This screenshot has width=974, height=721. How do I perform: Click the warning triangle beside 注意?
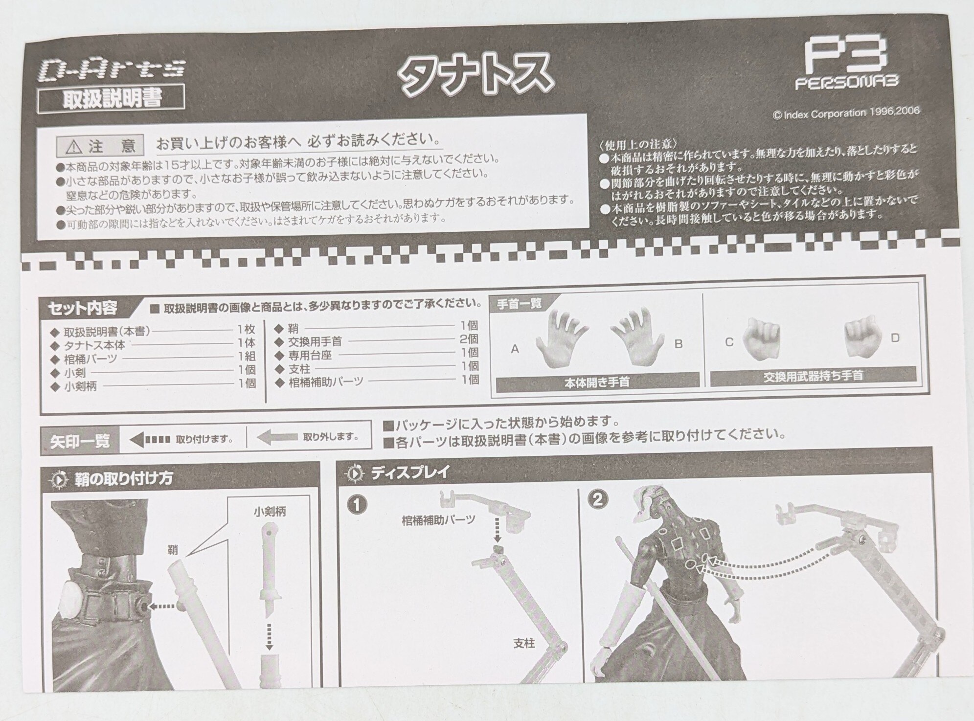[x=75, y=146]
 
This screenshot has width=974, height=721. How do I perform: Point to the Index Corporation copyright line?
[x=846, y=113]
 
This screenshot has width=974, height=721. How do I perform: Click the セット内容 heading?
[x=82, y=308]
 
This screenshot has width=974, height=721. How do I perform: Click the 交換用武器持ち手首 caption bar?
[x=813, y=376]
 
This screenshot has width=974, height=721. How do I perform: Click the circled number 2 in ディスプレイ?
[x=600, y=500]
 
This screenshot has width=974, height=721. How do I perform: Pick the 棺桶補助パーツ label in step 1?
[x=438, y=520]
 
